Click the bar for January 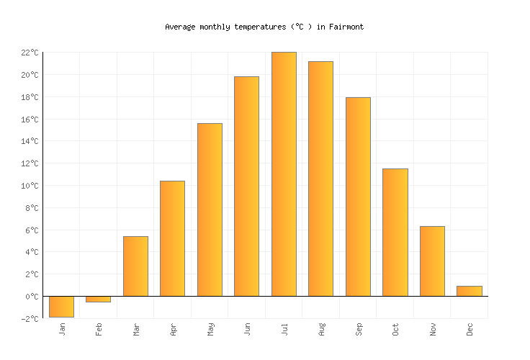[61, 307]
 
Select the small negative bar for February [98, 299]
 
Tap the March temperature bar [135, 266]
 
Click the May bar [210, 210]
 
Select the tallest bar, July [284, 174]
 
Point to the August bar [320, 179]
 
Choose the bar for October [395, 233]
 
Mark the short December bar [469, 291]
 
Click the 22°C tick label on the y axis [30, 53]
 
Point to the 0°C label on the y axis [32, 297]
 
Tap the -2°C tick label [30, 319]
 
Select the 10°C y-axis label [30, 186]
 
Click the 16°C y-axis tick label [30, 120]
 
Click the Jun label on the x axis [248, 329]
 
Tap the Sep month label [359, 329]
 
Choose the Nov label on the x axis [433, 329]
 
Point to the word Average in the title [180, 27]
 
